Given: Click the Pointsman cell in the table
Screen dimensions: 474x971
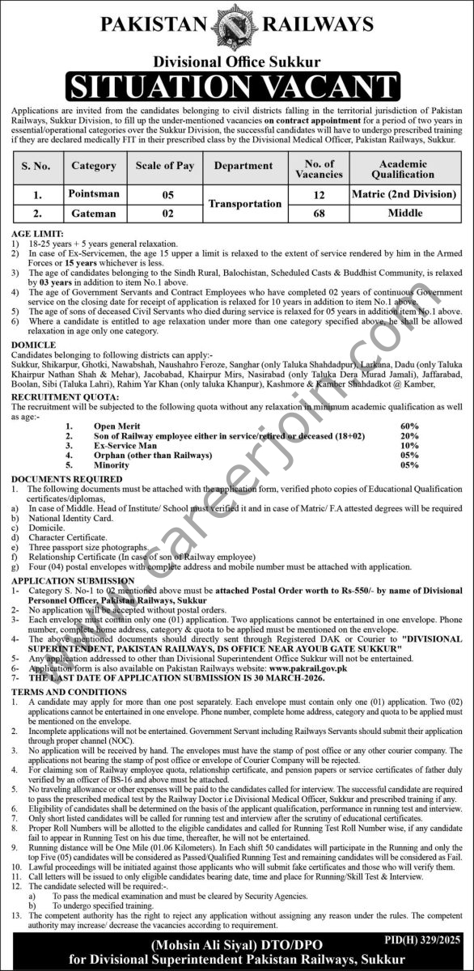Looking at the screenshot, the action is [94, 195].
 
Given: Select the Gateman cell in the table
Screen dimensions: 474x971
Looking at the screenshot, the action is [94, 214].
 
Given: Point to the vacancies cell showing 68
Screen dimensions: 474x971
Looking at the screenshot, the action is [320, 214].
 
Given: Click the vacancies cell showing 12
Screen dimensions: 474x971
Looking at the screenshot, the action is [320, 195].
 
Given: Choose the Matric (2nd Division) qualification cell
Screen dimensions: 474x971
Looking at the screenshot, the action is [403, 195].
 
